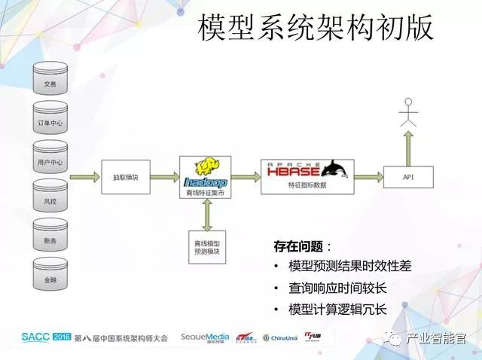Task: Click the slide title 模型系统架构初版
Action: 316,29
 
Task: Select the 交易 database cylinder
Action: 50,82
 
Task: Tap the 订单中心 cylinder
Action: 50,121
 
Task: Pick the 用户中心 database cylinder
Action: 50,161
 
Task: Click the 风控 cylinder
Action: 50,201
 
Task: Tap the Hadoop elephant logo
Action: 204,167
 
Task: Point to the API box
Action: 407,178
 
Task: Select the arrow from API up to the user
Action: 408,145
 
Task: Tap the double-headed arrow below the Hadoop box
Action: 206,215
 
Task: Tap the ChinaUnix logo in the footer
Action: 281,337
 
